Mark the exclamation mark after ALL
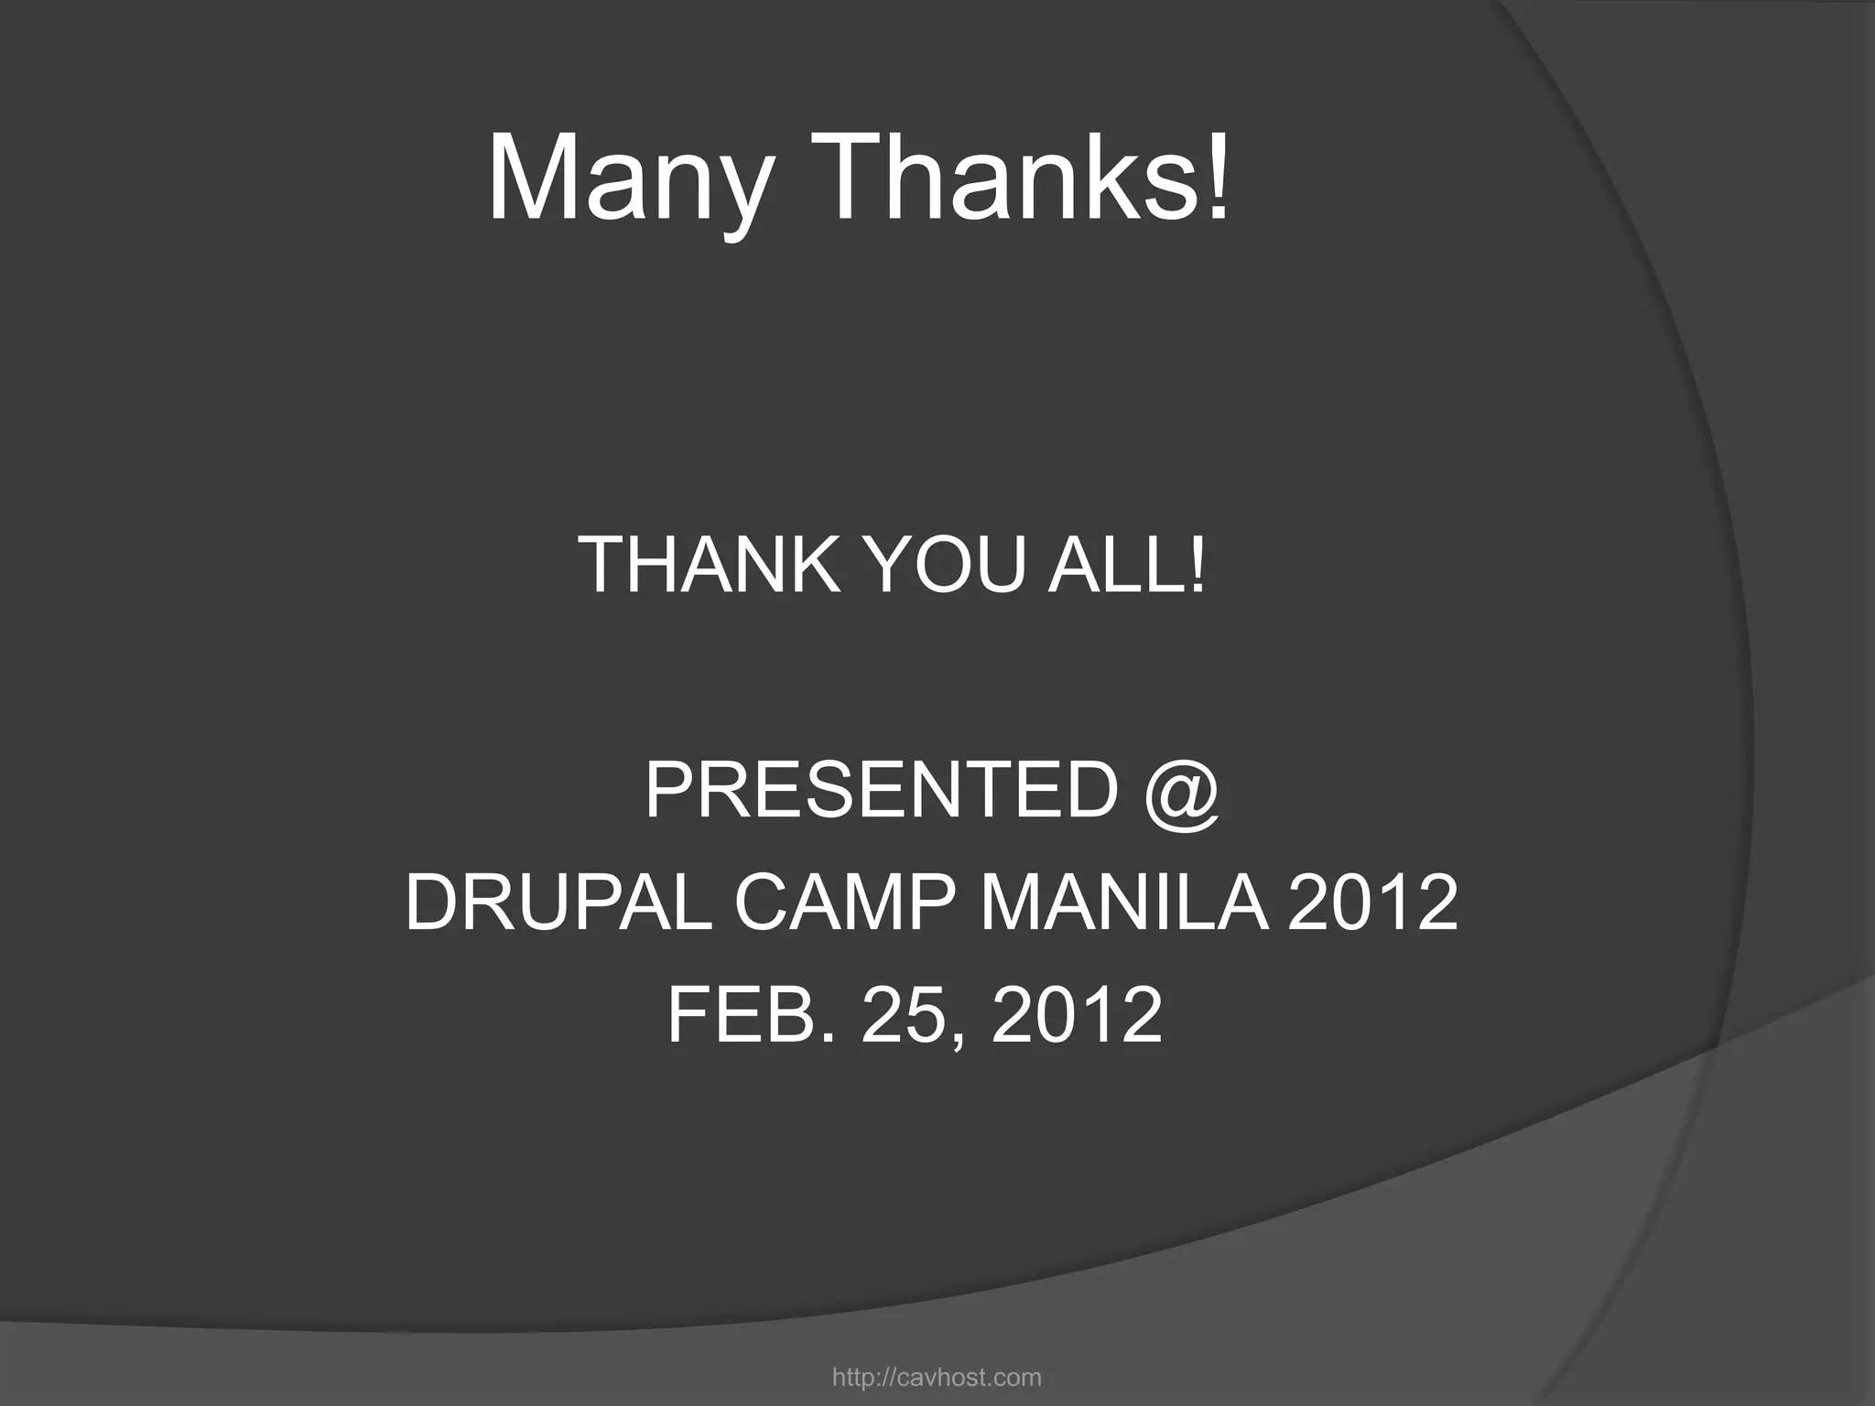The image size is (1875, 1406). point(1197,565)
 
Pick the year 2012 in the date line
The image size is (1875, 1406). point(1077,1014)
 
